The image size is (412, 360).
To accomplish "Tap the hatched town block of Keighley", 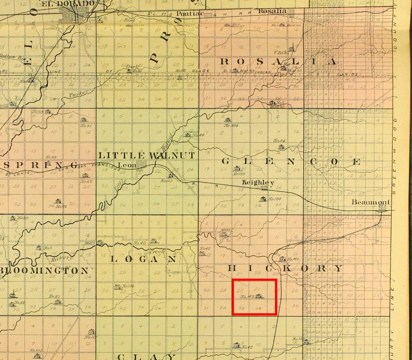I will coord(265,188).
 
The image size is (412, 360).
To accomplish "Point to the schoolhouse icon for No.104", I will coord(227,120).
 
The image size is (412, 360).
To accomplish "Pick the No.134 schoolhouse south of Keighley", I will coord(263,199).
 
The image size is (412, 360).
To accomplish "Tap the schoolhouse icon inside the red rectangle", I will coord(258,296).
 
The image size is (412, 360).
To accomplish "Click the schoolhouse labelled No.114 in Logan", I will coord(117,287).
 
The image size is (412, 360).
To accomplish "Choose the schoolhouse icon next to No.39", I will coord(47,111).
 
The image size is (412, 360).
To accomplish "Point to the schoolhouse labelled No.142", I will coord(282,259).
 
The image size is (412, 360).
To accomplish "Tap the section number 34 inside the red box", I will coord(258,309).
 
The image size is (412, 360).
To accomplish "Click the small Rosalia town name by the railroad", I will coord(272,11).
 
